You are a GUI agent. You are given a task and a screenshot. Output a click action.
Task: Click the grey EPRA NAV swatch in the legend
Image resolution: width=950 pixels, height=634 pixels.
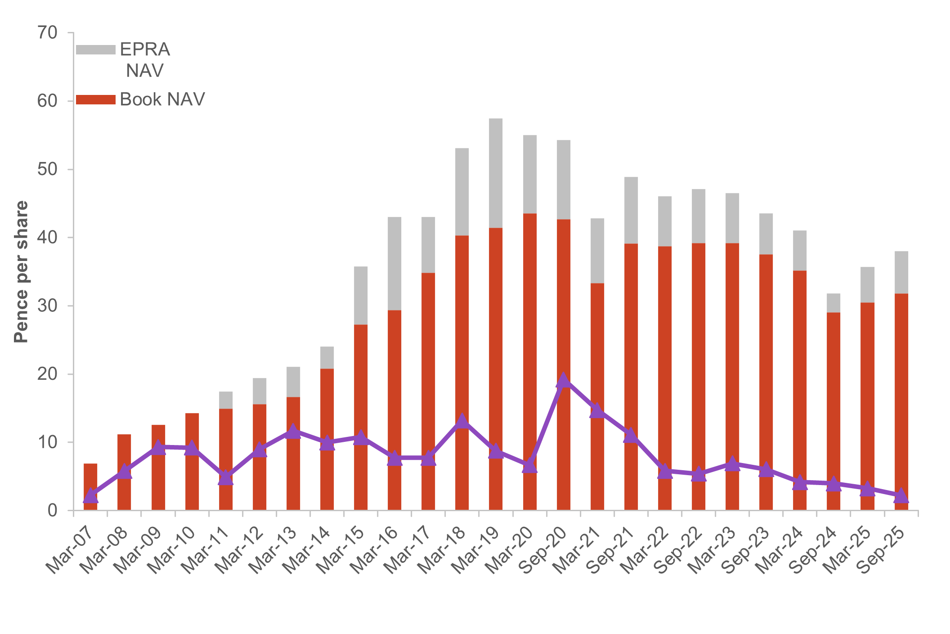95,50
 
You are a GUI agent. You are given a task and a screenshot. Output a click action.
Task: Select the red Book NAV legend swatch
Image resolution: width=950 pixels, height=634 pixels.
95,99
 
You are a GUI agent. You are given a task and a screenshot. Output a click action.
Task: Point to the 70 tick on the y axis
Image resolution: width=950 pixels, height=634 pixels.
48,33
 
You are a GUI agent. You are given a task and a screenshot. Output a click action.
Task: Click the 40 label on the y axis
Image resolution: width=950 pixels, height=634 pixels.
48,238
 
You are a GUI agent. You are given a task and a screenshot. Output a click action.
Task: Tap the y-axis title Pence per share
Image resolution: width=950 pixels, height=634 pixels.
21,272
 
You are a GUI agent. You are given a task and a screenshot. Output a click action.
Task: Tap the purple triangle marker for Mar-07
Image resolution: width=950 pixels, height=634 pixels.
91,496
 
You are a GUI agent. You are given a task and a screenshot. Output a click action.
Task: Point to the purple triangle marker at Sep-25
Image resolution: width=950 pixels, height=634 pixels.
901,496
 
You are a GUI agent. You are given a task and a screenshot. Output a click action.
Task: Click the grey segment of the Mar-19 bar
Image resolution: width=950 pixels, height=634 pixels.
496,173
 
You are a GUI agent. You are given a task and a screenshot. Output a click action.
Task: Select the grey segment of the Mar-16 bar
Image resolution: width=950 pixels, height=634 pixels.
394,263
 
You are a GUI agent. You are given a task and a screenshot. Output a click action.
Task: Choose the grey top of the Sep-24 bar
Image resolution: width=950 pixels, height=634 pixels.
833,303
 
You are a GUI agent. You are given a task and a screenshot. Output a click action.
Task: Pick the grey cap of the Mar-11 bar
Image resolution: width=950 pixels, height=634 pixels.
226,400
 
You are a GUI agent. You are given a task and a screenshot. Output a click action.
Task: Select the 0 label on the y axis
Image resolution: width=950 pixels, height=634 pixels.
53,511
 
